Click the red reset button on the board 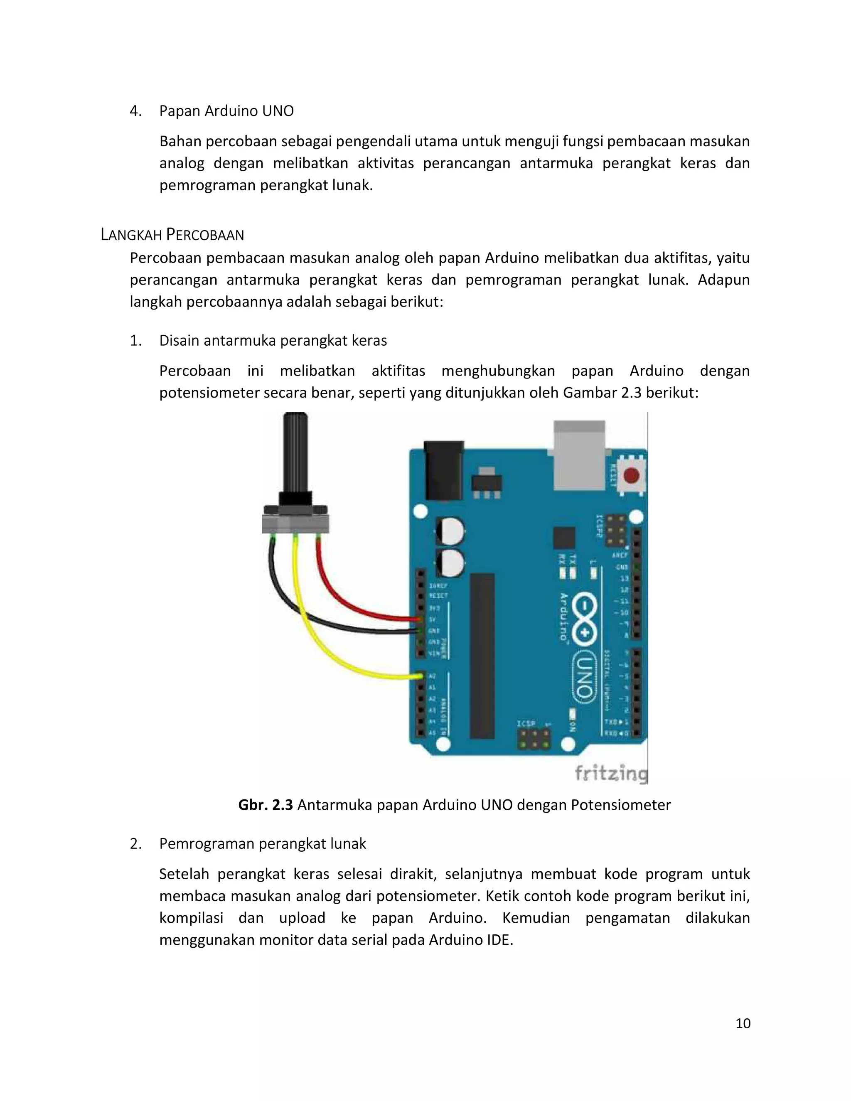pos(631,475)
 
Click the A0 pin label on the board pos(432,676)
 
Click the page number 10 pos(743,1023)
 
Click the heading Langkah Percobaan pos(172,235)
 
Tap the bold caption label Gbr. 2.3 pos(265,805)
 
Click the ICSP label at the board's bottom pos(526,723)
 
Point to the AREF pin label pos(620,555)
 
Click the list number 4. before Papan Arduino pos(135,111)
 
